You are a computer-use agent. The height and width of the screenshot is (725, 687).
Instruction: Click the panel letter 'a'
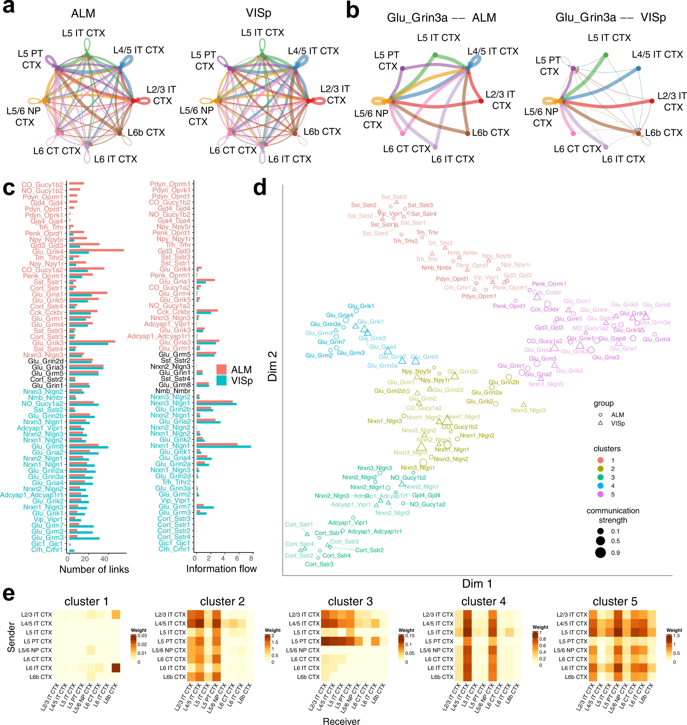(9, 7)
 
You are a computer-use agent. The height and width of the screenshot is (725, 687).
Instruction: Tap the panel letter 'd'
(260, 187)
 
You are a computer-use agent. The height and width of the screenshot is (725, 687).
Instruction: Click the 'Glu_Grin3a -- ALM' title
(441, 17)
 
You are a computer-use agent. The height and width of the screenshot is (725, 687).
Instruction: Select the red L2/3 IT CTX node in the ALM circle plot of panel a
(133, 101)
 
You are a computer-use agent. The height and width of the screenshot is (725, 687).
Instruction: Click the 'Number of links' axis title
(94, 569)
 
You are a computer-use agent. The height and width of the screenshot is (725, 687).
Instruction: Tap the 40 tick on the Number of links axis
(104, 559)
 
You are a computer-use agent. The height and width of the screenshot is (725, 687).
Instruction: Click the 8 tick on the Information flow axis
(251, 558)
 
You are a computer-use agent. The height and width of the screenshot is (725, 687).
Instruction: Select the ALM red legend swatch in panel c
(221, 369)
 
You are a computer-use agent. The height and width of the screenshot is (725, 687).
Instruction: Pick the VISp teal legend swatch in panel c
(221, 380)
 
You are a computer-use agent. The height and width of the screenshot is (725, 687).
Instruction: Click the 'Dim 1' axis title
(477, 584)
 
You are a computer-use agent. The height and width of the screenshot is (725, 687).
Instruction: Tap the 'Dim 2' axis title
(272, 366)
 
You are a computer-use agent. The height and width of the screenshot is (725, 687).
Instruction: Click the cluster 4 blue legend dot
(600, 486)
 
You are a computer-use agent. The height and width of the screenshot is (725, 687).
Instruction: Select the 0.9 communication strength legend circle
(600, 552)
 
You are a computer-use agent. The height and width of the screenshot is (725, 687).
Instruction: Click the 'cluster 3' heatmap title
(350, 601)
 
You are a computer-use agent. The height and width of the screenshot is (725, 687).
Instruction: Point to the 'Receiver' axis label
(341, 721)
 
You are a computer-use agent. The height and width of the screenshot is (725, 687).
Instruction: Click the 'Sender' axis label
(11, 637)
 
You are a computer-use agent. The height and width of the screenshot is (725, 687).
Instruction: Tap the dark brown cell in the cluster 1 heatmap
(116, 668)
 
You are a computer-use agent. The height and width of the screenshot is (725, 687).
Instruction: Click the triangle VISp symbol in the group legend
(600, 423)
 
